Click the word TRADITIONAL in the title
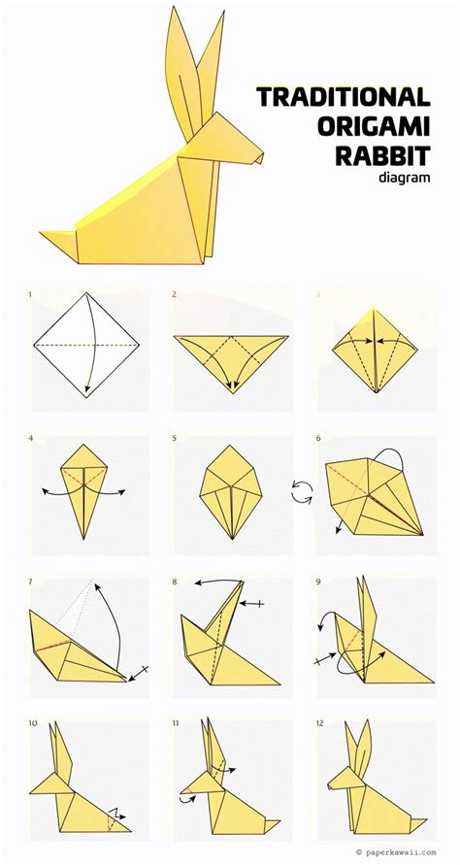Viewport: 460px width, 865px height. click(x=344, y=97)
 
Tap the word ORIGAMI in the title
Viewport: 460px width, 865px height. click(x=374, y=126)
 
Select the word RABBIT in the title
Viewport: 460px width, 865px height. click(x=382, y=155)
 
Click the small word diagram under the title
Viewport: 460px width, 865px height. click(x=405, y=178)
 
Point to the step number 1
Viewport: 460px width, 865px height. click(x=30, y=294)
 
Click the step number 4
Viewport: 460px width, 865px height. click(x=31, y=439)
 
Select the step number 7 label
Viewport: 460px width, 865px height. click(x=31, y=582)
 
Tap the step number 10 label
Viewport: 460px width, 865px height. click(x=33, y=722)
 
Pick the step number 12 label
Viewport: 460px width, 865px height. click(x=320, y=722)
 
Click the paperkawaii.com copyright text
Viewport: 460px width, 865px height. click(x=396, y=852)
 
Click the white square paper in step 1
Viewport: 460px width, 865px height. click(x=86, y=345)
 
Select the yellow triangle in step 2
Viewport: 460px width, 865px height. click(x=231, y=358)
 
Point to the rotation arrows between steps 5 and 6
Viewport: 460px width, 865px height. click(x=302, y=491)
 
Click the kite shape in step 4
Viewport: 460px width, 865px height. click(x=83, y=485)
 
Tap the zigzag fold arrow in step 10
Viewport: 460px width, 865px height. click(x=115, y=814)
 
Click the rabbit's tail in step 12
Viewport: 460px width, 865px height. click(x=417, y=824)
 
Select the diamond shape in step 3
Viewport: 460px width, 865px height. click(x=375, y=350)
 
